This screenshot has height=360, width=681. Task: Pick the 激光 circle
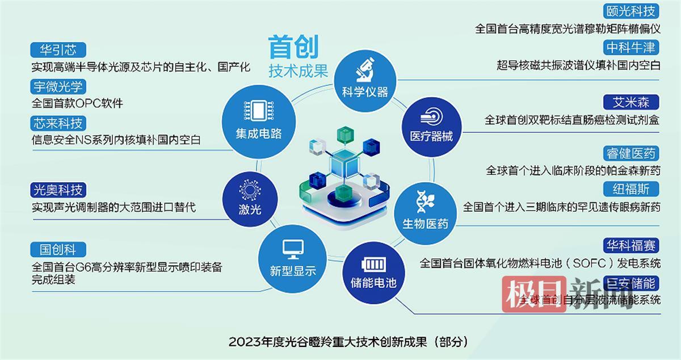250,196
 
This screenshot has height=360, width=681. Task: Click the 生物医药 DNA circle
425,208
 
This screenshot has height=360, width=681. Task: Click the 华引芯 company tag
58,50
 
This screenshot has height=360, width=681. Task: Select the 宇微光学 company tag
58,86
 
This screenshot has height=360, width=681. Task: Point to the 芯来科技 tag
58,123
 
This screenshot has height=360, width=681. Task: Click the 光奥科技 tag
58,190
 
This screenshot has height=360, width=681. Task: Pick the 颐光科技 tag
630,11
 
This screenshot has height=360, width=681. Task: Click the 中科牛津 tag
630,47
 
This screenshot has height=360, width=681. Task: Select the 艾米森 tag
630,102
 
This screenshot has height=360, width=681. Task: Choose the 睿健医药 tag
630,153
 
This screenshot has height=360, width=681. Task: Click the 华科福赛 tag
630,245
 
